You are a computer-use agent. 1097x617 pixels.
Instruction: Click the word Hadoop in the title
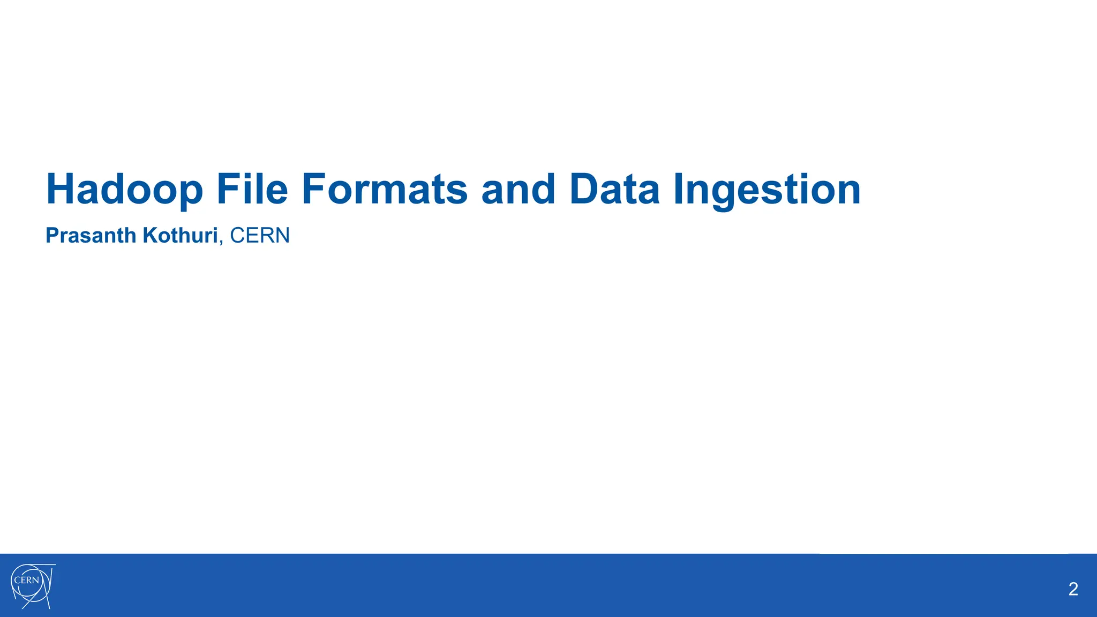click(124, 189)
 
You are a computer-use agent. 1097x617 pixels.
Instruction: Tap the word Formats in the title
click(385, 189)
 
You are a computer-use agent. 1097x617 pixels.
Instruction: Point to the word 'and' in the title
click(518, 189)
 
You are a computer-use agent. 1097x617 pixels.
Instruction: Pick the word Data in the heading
click(614, 189)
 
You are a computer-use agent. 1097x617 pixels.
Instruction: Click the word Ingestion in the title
click(767, 189)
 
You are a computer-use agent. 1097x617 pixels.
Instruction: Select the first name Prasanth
click(91, 236)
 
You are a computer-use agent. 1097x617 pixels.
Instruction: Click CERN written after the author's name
click(260, 236)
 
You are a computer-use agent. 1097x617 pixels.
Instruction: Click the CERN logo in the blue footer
click(32, 586)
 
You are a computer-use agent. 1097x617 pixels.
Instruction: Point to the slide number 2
click(1073, 589)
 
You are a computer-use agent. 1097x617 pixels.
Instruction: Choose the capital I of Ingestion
click(679, 189)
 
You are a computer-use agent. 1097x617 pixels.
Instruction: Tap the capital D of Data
click(583, 189)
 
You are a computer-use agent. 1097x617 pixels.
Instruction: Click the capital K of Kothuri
click(149, 236)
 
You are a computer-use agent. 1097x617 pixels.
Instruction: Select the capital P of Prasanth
click(52, 236)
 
